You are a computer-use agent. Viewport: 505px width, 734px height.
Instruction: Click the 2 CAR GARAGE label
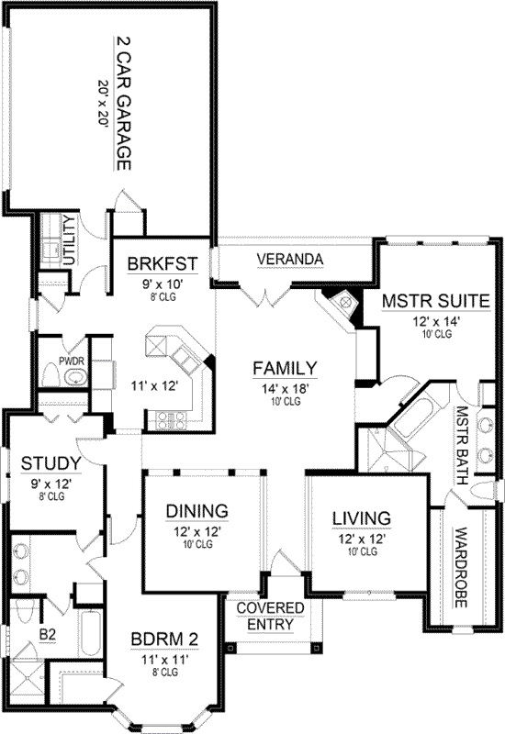point(123,105)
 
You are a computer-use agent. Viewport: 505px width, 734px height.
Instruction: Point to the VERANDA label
point(289,260)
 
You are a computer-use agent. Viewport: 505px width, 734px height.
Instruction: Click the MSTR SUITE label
point(435,301)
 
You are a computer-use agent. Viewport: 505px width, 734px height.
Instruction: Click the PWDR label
point(72,361)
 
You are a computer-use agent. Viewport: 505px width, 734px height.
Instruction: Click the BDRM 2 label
point(166,639)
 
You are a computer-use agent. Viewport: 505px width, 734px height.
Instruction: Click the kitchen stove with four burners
point(172,420)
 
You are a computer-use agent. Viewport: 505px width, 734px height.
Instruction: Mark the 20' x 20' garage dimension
point(103,105)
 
